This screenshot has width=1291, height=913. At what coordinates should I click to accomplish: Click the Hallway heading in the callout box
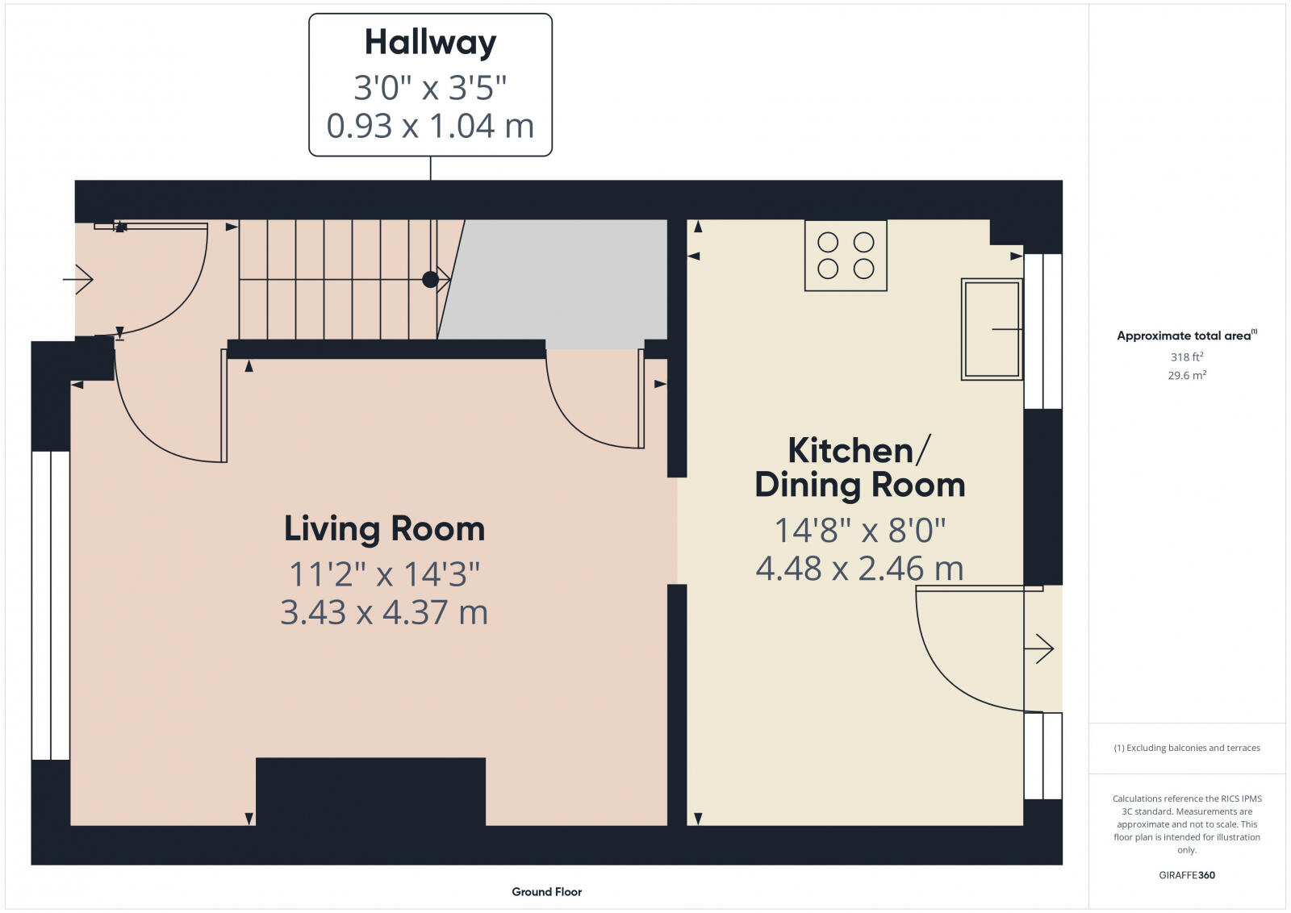[x=430, y=43]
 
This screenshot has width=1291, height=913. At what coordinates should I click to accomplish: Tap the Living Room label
[x=384, y=529]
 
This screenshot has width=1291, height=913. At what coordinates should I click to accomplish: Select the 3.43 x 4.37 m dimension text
[x=384, y=612]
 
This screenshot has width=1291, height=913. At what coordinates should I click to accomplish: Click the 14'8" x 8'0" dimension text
[x=859, y=531]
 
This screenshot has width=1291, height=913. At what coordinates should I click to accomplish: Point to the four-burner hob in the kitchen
[x=846, y=255]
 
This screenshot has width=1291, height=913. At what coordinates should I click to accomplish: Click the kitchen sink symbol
[x=991, y=329]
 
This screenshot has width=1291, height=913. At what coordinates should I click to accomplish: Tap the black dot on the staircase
[x=430, y=280]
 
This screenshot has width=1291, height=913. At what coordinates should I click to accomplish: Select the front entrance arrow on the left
[x=78, y=280]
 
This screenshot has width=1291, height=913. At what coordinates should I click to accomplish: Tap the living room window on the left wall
[x=51, y=605]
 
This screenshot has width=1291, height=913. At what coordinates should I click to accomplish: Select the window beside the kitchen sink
[x=1042, y=331]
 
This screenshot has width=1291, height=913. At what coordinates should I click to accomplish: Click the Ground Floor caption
[x=546, y=892]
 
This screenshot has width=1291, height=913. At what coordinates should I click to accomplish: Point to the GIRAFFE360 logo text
[x=1186, y=875]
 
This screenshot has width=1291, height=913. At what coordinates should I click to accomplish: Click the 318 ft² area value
[x=1187, y=356]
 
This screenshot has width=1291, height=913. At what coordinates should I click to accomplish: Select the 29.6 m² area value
[x=1187, y=375]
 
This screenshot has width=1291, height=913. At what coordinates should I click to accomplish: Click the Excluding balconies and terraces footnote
[x=1187, y=748]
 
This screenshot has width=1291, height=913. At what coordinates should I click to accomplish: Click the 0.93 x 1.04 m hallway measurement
[x=430, y=126]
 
